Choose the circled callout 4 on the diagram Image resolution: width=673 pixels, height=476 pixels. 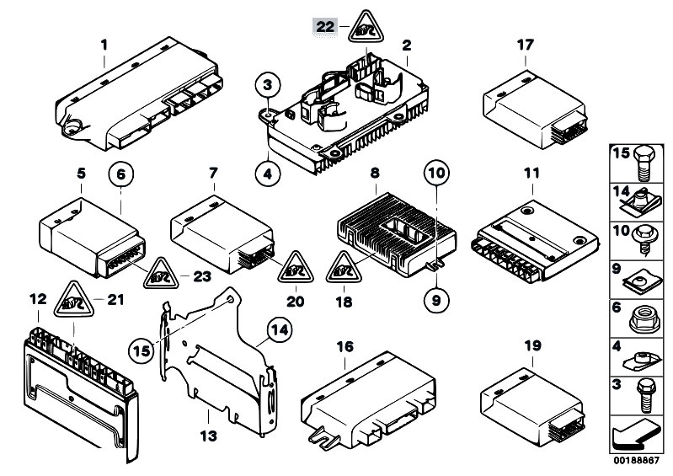(268, 175)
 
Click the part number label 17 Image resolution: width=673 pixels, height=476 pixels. (524, 44)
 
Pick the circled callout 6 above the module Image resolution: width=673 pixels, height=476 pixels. (120, 175)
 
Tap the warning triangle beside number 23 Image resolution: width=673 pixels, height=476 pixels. (162, 273)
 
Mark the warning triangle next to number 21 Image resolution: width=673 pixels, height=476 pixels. (74, 299)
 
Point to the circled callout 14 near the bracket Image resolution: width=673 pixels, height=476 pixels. (278, 333)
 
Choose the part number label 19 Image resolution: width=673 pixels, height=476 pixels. (531, 346)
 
